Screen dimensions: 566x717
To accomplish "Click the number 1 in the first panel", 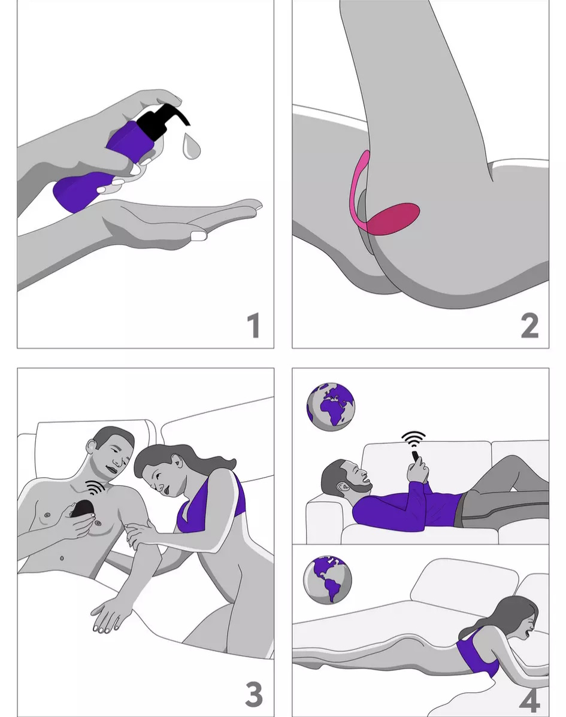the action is tap(254, 325).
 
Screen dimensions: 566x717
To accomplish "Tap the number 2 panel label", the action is tap(530, 326).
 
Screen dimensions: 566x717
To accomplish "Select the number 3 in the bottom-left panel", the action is tap(254, 694).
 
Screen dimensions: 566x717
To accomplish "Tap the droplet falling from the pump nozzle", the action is tap(190, 146).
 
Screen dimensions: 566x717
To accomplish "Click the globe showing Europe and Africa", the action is tap(331, 407).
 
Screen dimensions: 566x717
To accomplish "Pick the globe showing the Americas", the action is tap(328, 580).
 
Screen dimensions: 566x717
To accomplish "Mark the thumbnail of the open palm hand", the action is tap(199, 235).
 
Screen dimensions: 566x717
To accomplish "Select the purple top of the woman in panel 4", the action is tap(478, 654).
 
